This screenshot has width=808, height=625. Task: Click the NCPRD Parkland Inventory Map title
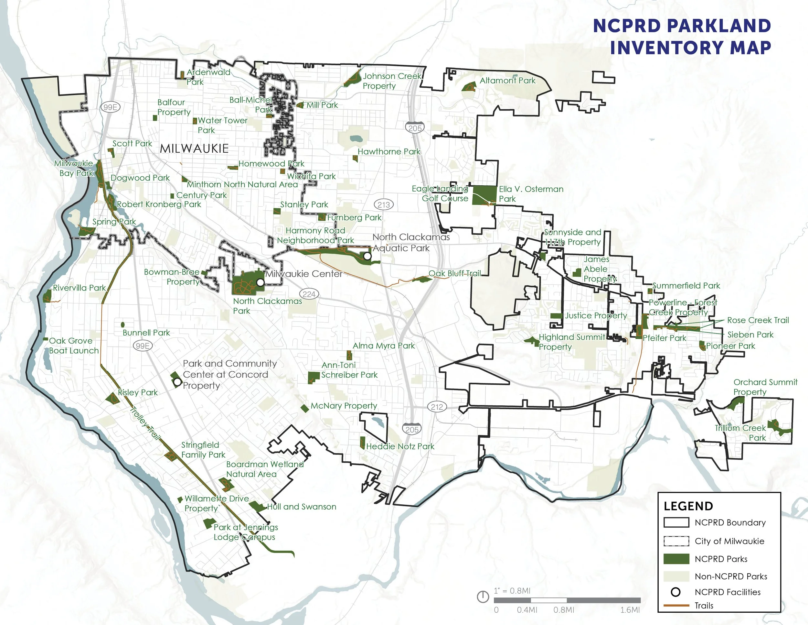(x=682, y=37)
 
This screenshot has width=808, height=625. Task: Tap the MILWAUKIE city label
(x=194, y=148)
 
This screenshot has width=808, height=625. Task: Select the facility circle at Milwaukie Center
(x=260, y=282)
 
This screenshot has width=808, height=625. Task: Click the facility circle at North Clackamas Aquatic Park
(x=367, y=256)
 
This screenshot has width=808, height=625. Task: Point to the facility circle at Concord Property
(x=177, y=382)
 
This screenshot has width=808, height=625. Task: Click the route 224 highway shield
(x=309, y=294)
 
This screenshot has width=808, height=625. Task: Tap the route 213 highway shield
(x=384, y=204)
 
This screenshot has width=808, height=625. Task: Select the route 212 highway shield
(x=437, y=407)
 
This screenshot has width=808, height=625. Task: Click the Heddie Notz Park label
(x=400, y=446)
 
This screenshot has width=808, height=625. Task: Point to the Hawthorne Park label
(x=389, y=151)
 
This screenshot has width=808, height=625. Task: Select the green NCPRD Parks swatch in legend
(x=676, y=559)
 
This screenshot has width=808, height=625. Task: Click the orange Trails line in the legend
(x=676, y=606)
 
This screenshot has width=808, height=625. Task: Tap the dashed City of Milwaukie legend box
(x=676, y=541)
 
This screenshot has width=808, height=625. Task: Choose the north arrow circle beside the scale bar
(x=483, y=597)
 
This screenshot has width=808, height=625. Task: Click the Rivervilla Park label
(x=79, y=288)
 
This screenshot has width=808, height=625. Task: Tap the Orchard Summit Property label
(x=765, y=387)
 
